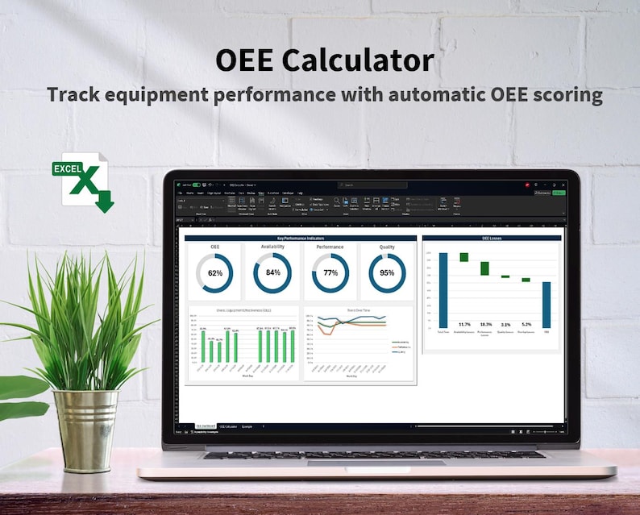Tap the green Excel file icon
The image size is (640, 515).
pos(82,181)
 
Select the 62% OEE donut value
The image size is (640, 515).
pos(215,273)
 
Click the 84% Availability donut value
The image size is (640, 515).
pos(272,272)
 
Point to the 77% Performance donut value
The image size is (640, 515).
pos(330,272)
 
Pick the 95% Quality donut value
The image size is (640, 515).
pos(388,272)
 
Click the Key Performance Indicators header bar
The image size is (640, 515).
pos(301,239)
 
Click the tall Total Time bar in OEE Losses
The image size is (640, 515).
pos(443,289)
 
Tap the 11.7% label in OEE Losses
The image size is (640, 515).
pos(464,324)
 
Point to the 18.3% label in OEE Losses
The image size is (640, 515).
pos(485,324)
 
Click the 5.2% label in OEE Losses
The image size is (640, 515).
pos(526,324)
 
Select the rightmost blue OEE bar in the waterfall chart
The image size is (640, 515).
pos(546,305)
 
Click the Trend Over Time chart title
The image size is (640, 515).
pos(357,309)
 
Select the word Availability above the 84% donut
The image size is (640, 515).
pos(272,247)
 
